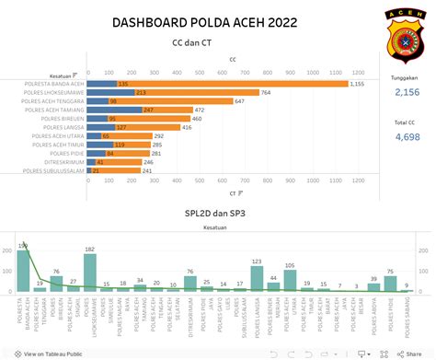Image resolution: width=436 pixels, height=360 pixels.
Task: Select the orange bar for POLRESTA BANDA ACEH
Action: click(x=239, y=84)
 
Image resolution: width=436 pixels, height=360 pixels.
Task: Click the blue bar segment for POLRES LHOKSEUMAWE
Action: click(x=111, y=92)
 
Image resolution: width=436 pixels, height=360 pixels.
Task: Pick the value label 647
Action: click(x=239, y=101)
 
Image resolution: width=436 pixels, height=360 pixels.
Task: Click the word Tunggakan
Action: click(x=405, y=77)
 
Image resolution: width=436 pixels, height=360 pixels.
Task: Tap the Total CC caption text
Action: click(x=405, y=122)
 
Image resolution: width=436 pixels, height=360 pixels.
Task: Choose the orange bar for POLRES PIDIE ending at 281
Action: click(x=132, y=153)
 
